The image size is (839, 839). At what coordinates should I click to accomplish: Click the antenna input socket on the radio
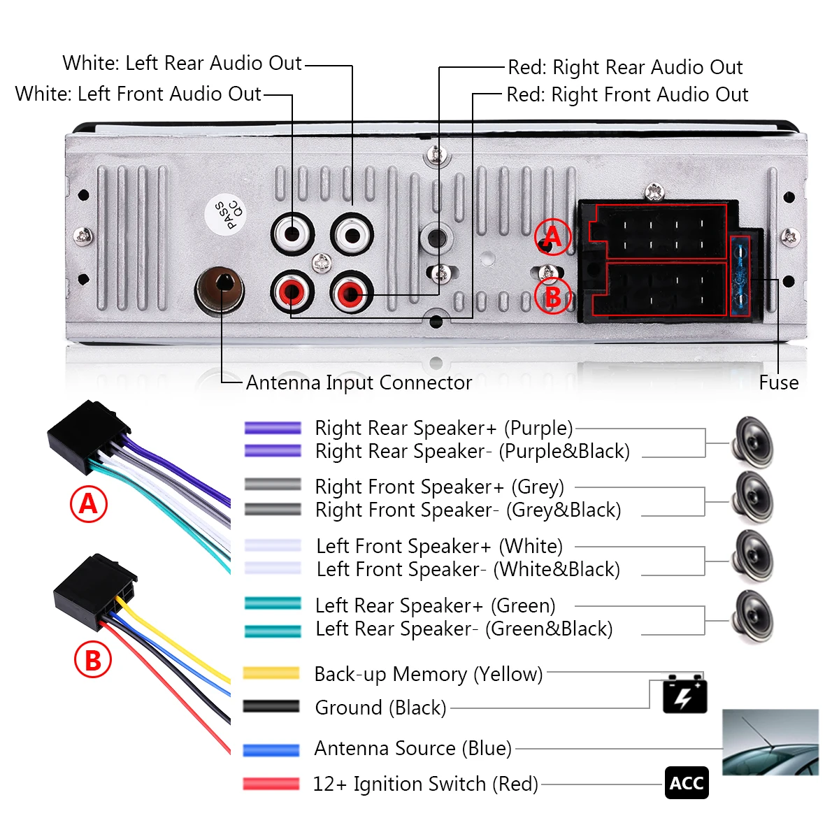coord(219,290)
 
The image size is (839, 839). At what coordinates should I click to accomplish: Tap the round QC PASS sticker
coord(225,215)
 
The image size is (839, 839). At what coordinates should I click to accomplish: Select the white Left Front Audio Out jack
coord(292,235)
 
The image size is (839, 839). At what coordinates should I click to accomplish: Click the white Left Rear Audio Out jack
coord(352,235)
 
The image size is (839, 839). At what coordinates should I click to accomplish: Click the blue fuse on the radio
coord(740,276)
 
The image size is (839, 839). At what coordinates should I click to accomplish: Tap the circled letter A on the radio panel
coord(552,236)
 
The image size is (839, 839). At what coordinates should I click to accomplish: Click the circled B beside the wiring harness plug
coord(552,297)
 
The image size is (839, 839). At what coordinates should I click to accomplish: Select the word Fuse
coord(778,382)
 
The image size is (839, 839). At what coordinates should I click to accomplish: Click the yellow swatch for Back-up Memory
coord(271,673)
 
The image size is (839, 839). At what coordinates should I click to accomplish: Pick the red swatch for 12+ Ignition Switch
coord(271,784)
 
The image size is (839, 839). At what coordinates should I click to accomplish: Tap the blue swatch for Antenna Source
coord(271,750)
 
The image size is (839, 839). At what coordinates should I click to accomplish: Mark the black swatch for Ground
coord(271,706)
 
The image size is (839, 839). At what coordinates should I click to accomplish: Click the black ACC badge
coord(687,783)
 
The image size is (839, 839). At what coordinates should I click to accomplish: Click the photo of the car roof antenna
coord(770,742)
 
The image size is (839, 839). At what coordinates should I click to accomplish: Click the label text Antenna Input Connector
coord(359,382)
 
